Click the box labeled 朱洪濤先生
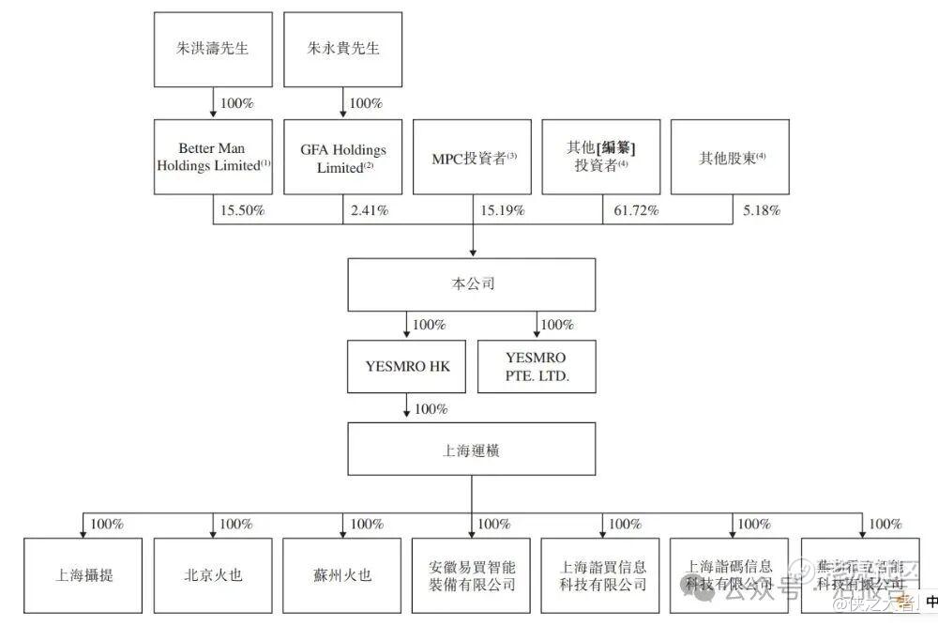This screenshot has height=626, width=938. point(213,48)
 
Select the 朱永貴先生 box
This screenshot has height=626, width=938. point(342,48)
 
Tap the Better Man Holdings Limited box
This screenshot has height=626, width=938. point(213,157)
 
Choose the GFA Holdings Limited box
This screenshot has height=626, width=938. point(342,158)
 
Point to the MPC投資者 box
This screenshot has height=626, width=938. point(472,157)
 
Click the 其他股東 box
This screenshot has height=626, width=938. point(731,157)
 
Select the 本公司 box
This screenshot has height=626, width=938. point(471,284)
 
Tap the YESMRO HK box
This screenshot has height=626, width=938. point(406,365)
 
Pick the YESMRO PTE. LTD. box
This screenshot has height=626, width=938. point(537,365)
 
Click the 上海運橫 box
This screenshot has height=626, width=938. point(471,450)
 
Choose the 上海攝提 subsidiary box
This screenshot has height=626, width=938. point(83,574)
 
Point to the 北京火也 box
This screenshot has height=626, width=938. point(213,574)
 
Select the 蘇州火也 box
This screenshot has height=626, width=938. point(342,574)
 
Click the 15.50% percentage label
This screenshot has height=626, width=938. point(242,210)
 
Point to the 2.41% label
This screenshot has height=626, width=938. point(370,210)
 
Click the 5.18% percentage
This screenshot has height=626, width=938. point(762,210)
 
